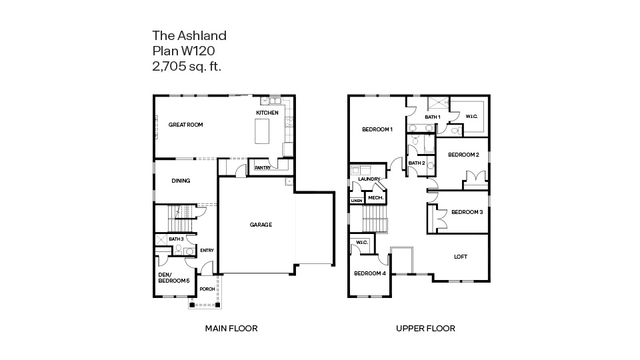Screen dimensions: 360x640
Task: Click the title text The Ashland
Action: pos(189,35)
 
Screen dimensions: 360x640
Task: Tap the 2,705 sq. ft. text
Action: pos(187,66)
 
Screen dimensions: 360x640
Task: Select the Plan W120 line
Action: pos(183,51)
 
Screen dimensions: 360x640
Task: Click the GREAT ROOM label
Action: pos(185,125)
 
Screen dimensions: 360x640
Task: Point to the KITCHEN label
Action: pos(267,113)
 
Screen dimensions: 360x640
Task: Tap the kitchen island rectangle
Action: pos(263,132)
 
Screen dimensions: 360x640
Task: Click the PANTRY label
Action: pos(262,168)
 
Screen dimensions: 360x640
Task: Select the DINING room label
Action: pos(181,181)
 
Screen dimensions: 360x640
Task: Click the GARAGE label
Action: pos(261,225)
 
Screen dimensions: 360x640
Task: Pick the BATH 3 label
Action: pos(175,239)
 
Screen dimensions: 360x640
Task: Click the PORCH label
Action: pos(207,289)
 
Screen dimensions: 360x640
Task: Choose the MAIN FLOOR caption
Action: pos(231,328)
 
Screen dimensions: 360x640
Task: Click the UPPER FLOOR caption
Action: pos(425,328)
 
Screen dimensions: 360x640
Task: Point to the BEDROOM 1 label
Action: pos(377,129)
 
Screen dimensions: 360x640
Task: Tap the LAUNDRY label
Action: pos(369,179)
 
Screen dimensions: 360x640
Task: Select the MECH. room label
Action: pos(375,198)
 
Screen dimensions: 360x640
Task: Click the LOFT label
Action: pos(461,257)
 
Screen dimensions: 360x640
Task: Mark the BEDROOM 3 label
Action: pos(467,212)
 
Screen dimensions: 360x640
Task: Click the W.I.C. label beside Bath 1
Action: pos(471,117)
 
